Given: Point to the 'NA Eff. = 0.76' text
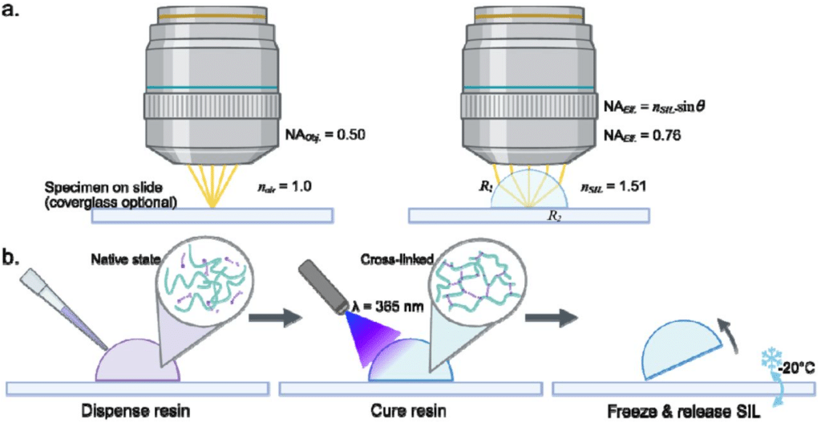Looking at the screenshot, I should coord(642,136).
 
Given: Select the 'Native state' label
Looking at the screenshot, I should coord(115,258).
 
